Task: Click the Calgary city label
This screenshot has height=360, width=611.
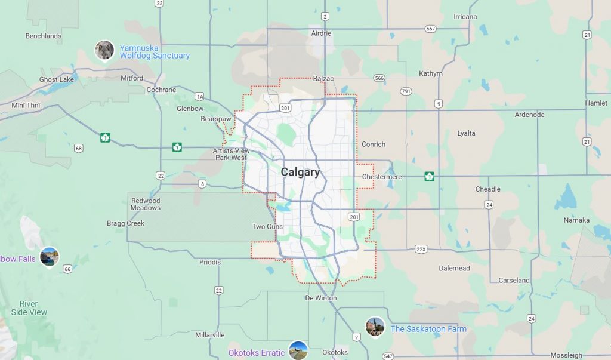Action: pos(300,172)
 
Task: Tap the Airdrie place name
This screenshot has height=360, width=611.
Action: pos(321,33)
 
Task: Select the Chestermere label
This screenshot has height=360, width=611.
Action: pos(382,177)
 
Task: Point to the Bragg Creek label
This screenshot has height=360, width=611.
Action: pos(126,224)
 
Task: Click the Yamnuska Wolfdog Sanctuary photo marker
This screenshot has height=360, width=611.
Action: pos(104,50)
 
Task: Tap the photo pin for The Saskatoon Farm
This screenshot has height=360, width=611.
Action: pos(375,327)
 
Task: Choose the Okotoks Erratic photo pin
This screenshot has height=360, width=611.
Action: pos(298,350)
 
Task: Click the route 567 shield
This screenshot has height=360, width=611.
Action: pos(431,29)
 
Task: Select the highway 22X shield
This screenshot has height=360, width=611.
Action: pos(421,248)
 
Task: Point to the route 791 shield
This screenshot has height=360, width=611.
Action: pos(406,91)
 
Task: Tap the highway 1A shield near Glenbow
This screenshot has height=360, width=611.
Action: pos(199,96)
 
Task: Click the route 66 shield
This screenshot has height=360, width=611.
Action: pos(67,269)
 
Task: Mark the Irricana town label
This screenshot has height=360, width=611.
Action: pos(465,17)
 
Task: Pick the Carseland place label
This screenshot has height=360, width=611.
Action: pos(514,280)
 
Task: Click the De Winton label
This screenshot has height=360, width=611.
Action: pos(321,298)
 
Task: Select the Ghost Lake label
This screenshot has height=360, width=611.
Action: pos(57,79)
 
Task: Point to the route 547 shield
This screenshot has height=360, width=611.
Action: pos(388,356)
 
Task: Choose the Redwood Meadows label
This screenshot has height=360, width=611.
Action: pos(146,204)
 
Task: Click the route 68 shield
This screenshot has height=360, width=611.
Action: pos(79,148)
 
